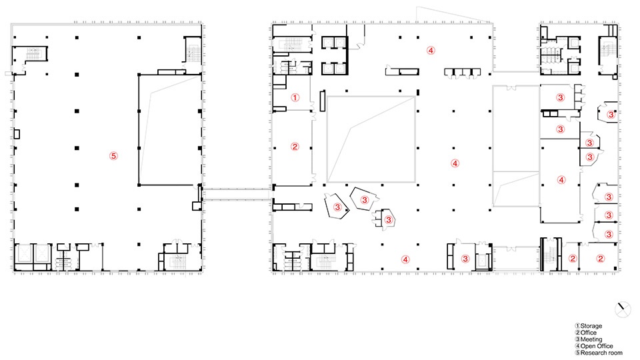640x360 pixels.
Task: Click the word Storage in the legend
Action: pos(591,326)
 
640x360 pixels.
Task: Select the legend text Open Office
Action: pos(597,346)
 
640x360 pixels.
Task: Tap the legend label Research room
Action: pos(601,353)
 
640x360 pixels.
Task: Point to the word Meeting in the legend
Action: pos(591,339)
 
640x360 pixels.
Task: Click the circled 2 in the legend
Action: pos(577,333)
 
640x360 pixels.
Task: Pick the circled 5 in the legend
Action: pos(577,353)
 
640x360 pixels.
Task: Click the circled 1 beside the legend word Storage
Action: pos(577,326)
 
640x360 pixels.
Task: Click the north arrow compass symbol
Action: pos(623,309)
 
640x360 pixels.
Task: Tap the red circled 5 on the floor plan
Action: pos(113,155)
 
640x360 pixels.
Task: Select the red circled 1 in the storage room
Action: pos(295,97)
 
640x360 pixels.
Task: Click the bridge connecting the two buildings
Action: pos(237,194)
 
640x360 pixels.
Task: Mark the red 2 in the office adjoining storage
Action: pos(295,147)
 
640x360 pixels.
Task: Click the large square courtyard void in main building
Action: pos(371,139)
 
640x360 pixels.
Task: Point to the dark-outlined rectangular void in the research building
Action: pos(170,130)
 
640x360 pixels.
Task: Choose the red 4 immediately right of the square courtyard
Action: pos(455,163)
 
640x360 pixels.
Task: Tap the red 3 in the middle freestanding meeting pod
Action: pos(365,199)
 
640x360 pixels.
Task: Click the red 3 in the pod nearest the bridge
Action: pos(337,207)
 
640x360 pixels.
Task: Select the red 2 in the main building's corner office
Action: pos(600,259)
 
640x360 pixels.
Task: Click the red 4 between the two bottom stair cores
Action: pos(405,259)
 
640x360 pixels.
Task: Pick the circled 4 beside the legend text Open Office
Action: pos(577,346)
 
